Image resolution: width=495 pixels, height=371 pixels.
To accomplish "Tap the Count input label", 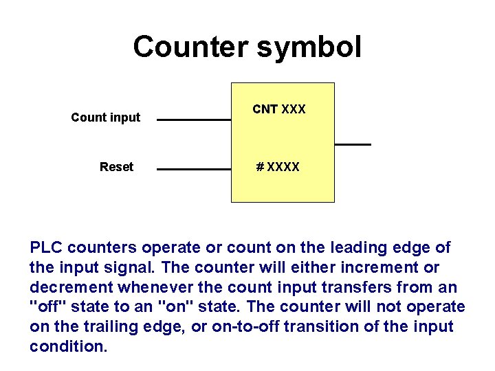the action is pos(105,117).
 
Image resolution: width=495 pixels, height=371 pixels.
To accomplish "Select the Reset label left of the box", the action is pos(116,167).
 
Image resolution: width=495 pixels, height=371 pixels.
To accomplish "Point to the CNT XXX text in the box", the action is pos(279,109).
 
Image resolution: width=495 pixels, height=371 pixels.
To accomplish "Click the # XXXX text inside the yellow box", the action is pos(278,167).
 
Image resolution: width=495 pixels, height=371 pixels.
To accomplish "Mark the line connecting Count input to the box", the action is pos(194,120).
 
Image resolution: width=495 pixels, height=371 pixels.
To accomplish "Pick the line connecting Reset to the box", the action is pos(194,168).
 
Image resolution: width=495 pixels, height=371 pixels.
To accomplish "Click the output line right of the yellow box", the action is pos(353,144).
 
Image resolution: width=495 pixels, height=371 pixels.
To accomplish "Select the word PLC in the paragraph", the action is pos(47,247).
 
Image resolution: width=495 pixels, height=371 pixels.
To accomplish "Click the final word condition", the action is pos(68,346).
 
